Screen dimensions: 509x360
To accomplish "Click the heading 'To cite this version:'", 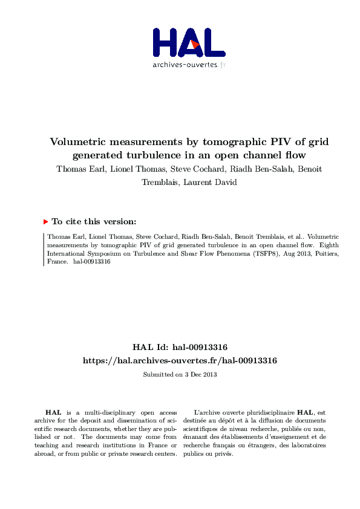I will (x=94, y=222).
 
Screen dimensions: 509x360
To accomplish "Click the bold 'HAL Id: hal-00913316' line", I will (x=180, y=347).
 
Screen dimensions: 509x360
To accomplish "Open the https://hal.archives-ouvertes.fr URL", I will (x=180, y=360).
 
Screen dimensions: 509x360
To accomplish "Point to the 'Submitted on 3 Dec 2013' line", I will (x=180, y=375).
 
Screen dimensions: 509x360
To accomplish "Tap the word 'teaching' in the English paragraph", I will (x=47, y=446).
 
